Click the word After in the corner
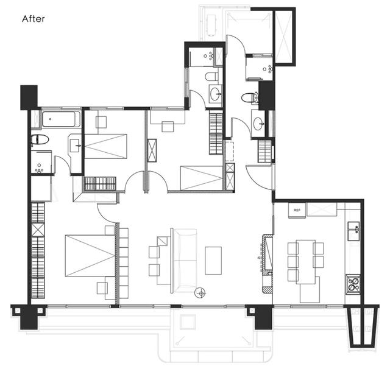pyautogui.click(x=34, y=19)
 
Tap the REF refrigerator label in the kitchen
pyautogui.click(x=297, y=210)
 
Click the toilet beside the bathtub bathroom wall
pyautogui.click(x=40, y=139)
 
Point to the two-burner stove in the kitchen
pyautogui.click(x=353, y=284)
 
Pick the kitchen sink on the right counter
pyautogui.click(x=353, y=231)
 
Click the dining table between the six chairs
pyautogui.click(x=306, y=262)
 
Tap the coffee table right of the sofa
pyautogui.click(x=213, y=261)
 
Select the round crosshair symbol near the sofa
pyautogui.click(x=200, y=293)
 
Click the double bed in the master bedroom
pyautogui.click(x=90, y=256)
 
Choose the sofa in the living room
pyautogui.click(x=185, y=261)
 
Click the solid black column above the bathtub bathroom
pyautogui.click(x=29, y=97)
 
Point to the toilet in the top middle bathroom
pyautogui.click(x=211, y=77)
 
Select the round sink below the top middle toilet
pyautogui.click(x=215, y=94)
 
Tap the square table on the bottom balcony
pyautogui.click(x=188, y=322)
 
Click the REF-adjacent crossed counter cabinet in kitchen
pyautogui.click(x=322, y=209)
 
